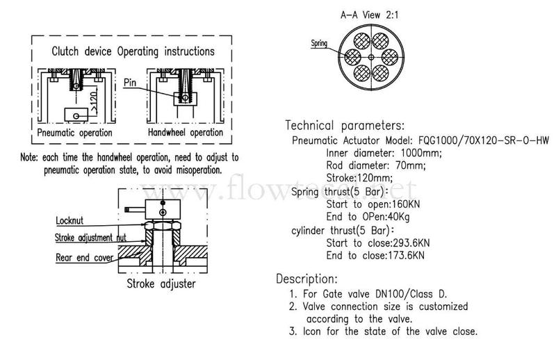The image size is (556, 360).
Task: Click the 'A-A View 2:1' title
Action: click(x=369, y=15)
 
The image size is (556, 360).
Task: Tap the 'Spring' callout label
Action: click(x=319, y=43)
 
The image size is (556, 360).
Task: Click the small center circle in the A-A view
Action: click(x=371, y=57)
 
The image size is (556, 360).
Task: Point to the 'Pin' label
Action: click(x=130, y=83)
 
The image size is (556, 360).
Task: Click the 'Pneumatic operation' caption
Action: click(x=75, y=133)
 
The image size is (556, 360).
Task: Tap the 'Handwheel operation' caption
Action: click(x=186, y=132)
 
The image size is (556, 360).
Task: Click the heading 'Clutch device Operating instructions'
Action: click(x=133, y=51)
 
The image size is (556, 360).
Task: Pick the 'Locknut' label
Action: click(x=69, y=220)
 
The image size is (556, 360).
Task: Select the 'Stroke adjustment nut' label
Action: click(x=90, y=238)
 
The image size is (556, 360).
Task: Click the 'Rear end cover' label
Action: click(x=84, y=258)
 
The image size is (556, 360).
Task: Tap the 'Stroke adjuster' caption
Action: click(x=161, y=284)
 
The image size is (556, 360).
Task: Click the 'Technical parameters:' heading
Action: click(x=345, y=125)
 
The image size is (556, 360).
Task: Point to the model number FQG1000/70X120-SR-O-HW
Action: click(x=484, y=140)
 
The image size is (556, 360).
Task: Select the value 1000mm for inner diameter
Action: click(x=421, y=153)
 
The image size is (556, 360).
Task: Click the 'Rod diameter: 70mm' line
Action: click(x=376, y=165)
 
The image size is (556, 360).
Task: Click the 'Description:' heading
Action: click(x=306, y=279)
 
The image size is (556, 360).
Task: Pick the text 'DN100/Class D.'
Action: click(x=411, y=294)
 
